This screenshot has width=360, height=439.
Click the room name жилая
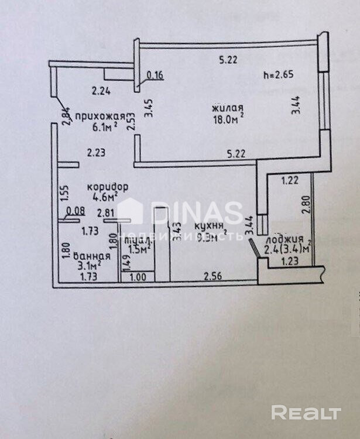(227, 108)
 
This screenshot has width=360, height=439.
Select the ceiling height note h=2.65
(278, 74)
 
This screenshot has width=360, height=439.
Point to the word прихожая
(97, 116)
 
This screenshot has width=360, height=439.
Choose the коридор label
(108, 186)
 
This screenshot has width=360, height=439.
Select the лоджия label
(284, 240)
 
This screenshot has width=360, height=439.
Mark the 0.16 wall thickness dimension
(155, 74)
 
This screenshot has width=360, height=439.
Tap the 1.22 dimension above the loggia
(290, 180)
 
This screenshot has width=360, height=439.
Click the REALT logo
(306, 413)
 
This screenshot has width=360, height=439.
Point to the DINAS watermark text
(197, 212)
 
